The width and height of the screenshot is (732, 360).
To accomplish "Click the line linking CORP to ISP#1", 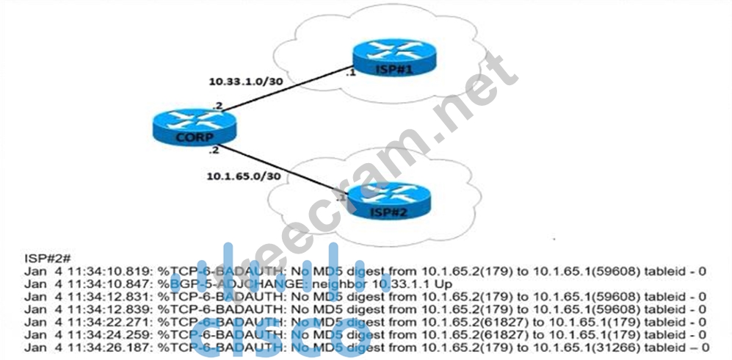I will (286, 90).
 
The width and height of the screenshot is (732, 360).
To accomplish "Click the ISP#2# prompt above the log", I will (47, 259).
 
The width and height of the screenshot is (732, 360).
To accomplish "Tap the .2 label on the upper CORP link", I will (217, 106).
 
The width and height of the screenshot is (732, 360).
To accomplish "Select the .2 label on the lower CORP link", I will (214, 151).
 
